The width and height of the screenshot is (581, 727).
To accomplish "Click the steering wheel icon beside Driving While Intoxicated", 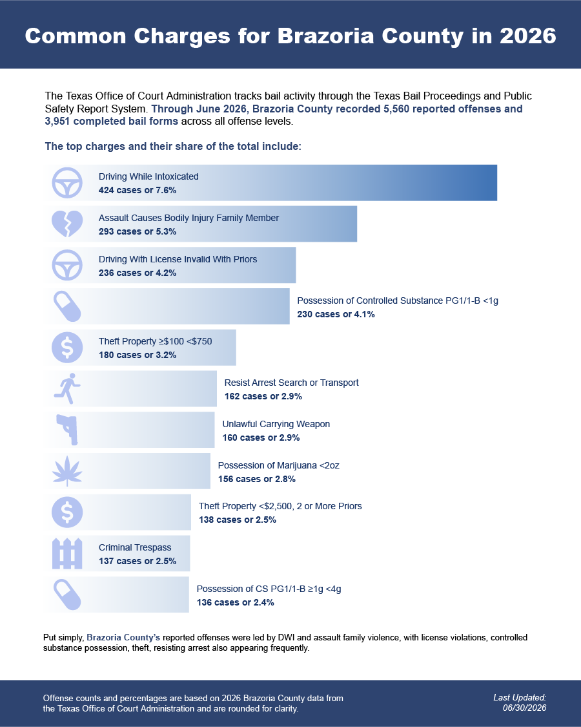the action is (67, 183).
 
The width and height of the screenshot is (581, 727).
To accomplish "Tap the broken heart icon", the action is (67, 224).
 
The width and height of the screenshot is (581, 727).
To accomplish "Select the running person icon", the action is (67, 388).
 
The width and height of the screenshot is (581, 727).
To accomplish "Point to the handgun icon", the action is (67, 430).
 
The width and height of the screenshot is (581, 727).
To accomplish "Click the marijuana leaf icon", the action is (67, 471).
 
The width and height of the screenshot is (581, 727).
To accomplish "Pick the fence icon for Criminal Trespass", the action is (67, 554).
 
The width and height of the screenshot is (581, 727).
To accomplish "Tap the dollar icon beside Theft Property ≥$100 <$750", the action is (67, 347).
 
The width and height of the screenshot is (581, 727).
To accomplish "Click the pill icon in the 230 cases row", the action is (67, 306).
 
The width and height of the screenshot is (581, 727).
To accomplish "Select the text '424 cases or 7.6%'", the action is (138, 190).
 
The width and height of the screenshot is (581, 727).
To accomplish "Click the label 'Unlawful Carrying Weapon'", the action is (276, 424).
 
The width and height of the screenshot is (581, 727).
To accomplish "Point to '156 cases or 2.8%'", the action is (257, 479).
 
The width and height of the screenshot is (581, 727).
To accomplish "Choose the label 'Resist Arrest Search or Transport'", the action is (291, 383).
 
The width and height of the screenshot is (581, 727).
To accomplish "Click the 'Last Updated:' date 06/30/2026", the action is (524, 708).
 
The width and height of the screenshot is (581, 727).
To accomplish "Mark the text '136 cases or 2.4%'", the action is (236, 602).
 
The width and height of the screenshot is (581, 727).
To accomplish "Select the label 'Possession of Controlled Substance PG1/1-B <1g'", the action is (398, 301).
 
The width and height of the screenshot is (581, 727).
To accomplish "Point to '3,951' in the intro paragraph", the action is (57, 121).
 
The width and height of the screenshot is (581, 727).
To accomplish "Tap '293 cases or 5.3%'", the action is (138, 231).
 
